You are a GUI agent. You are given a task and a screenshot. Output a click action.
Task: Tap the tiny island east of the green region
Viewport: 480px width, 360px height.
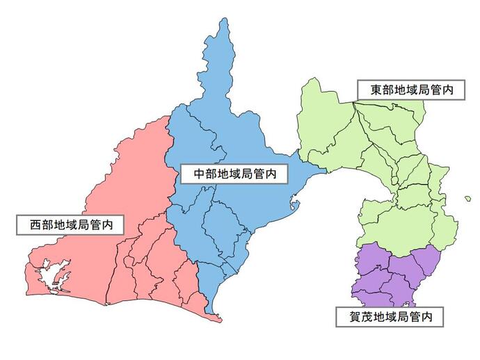(468, 199)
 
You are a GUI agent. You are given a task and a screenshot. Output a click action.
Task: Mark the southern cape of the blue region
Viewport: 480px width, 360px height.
(217, 319)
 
